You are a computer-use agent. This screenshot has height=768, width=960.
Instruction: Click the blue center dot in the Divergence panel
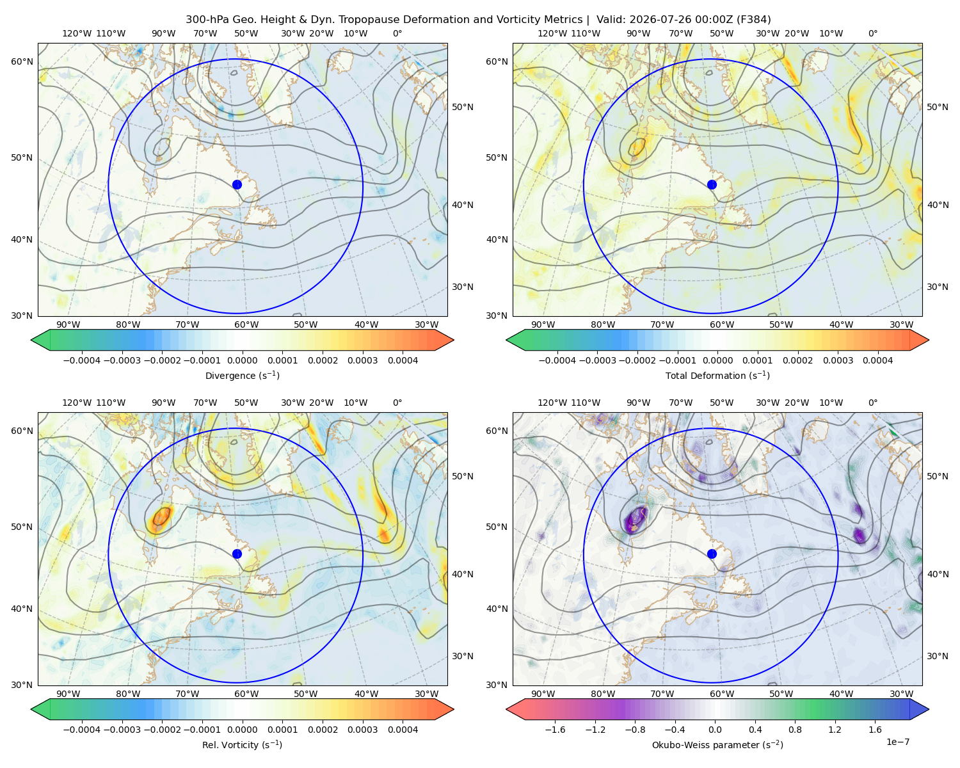coord(237,184)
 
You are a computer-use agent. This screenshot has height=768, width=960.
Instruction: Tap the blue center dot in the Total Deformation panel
coord(712,184)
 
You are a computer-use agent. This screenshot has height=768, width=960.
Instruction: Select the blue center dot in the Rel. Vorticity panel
coord(237,554)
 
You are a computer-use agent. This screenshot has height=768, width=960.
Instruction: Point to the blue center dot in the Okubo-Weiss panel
coord(712,554)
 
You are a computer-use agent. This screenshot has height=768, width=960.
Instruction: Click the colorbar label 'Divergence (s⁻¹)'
coord(242,375)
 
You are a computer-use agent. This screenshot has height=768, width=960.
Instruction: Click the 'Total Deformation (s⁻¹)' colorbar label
coord(717,375)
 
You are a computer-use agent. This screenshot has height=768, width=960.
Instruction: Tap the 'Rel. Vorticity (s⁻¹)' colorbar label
coord(242,744)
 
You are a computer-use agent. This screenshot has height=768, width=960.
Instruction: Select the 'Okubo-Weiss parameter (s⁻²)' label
coord(717,744)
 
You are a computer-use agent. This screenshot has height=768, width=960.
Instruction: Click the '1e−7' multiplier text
coord(897,742)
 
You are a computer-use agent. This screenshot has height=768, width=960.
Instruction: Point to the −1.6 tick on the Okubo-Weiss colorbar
coord(555,729)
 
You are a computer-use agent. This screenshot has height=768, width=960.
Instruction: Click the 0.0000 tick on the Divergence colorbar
coord(242,360)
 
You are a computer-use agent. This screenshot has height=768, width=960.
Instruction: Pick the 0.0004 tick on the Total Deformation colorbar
coord(877,360)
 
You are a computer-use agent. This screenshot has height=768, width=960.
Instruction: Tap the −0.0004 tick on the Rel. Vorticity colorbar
coord(82,729)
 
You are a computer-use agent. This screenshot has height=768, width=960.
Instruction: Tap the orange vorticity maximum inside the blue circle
coord(161,518)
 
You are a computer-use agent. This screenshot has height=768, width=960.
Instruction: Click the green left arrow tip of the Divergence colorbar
coord(32,340)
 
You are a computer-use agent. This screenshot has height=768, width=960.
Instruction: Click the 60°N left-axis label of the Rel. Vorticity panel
coord(22,431)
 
